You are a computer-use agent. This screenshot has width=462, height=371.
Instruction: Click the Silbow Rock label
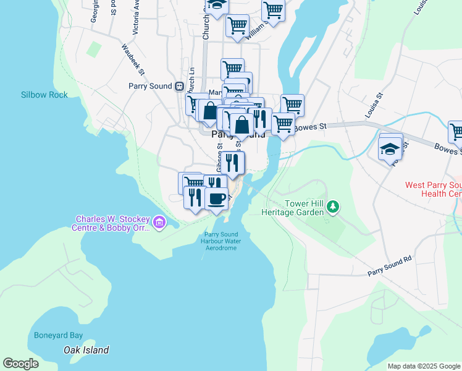point(44,95)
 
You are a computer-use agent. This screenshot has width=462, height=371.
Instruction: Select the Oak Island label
point(86,350)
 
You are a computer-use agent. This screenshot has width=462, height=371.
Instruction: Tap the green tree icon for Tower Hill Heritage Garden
point(334,207)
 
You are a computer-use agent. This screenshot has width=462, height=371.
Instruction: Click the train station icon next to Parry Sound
point(179,87)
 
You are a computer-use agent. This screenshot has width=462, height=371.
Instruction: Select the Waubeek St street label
point(133,59)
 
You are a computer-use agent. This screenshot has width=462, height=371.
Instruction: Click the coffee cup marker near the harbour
point(216,199)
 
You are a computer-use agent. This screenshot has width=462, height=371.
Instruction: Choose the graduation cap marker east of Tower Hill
point(390,148)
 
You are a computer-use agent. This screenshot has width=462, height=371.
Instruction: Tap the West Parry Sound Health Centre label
point(433,189)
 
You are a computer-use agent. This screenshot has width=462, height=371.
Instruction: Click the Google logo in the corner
point(20,364)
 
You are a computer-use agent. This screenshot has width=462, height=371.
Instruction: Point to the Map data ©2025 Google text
point(424,366)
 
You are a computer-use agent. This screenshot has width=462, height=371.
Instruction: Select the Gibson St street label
point(219,158)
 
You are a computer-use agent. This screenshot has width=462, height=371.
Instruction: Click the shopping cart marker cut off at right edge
point(456,131)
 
